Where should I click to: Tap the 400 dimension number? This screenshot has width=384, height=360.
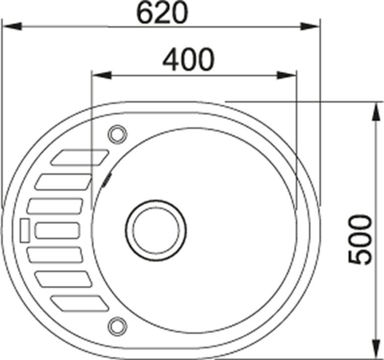[188, 59]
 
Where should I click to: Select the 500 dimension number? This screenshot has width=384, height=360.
[360, 239]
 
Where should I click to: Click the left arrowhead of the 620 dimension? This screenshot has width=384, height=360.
[12, 26]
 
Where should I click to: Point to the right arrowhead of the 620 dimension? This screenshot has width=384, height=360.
[310, 26]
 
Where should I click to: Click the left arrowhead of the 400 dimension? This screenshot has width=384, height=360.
[102, 75]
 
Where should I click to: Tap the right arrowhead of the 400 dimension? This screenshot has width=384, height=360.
[286, 75]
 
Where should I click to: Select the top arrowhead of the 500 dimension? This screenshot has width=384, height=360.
[375, 111]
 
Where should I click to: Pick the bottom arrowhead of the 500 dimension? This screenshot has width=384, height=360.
[375, 349]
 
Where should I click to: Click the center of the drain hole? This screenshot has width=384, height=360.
[156, 230]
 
